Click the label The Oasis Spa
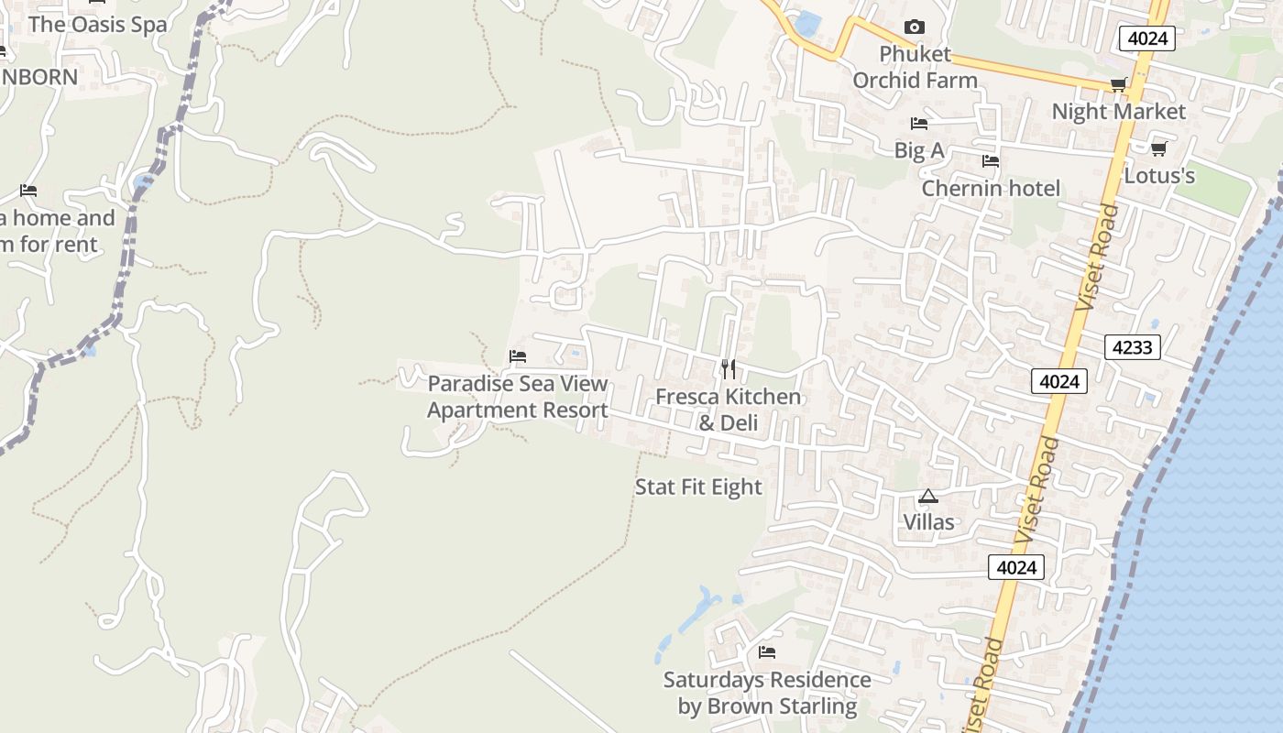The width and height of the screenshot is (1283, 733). click(97, 24)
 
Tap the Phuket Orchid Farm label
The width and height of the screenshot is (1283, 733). click(915, 67)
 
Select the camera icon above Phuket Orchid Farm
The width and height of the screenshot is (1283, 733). click(914, 27)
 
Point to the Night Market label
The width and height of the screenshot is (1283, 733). click(1118, 112)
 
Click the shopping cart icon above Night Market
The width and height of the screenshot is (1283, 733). click(1118, 85)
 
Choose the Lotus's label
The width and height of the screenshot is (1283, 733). click(1158, 175)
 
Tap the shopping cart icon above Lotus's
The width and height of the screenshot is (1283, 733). click(1158, 148)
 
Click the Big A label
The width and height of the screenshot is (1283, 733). click(918, 150)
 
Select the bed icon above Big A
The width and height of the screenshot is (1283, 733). click(918, 124)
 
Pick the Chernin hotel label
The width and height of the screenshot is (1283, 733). click(990, 188)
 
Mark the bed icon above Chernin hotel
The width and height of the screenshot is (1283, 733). click(990, 162)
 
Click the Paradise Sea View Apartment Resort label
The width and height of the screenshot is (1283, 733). click(518, 396)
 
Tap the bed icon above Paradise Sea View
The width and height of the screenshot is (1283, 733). click(518, 356)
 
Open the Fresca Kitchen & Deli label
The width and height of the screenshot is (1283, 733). click(728, 409)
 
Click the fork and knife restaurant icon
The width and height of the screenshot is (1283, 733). click(728, 369)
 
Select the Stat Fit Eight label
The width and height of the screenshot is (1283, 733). click(698, 487)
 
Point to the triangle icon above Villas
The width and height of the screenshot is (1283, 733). click(928, 497)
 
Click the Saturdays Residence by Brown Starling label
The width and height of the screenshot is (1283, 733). click(767, 693)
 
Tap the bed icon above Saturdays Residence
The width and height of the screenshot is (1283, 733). click(767, 652)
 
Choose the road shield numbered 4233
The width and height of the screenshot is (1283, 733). click(1133, 347)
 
